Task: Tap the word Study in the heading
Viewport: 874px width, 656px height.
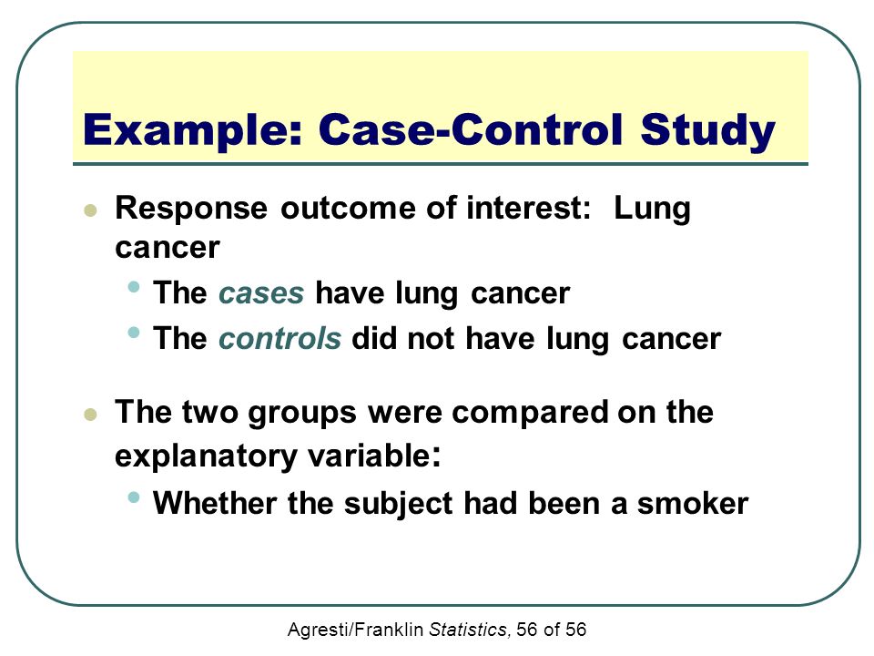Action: pyautogui.click(x=708, y=131)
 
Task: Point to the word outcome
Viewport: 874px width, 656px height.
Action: pyautogui.click(x=349, y=209)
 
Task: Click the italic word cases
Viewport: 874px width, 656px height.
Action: pyautogui.click(x=261, y=293)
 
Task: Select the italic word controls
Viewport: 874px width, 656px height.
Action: pyautogui.click(x=279, y=338)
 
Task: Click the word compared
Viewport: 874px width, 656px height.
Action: pyautogui.click(x=529, y=414)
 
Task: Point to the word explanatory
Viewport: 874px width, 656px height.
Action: pyautogui.click(x=206, y=457)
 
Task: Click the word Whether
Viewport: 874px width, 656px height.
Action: pyautogui.click(x=215, y=503)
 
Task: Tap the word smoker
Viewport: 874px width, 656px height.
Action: pyautogui.click(x=693, y=503)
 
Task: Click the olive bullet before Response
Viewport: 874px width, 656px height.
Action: pyautogui.click(x=90, y=210)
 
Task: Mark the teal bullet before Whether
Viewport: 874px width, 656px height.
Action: pyautogui.click(x=133, y=497)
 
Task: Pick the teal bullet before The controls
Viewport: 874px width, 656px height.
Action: pyautogui.click(x=133, y=333)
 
